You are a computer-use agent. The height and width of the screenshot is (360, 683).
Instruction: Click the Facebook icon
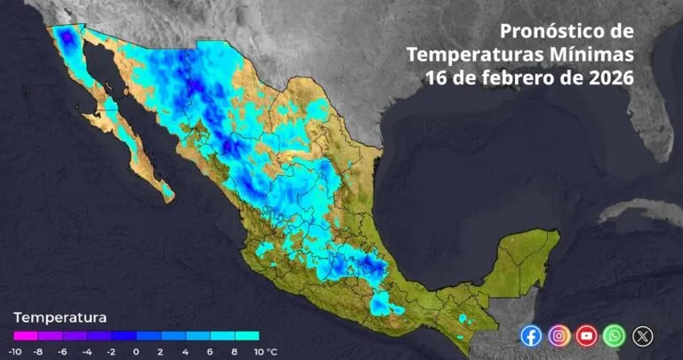point(531,336)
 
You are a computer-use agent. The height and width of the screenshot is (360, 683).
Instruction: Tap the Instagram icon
point(558,336)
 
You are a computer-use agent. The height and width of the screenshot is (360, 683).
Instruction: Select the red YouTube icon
point(586,336)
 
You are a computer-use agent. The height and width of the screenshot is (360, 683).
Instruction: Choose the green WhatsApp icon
point(614,336)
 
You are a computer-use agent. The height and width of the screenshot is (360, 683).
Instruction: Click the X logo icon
point(642,336)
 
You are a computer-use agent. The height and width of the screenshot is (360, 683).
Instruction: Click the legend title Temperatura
point(60,317)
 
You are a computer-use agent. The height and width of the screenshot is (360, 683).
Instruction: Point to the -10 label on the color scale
point(15,352)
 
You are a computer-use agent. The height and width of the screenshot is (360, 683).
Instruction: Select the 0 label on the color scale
point(136,352)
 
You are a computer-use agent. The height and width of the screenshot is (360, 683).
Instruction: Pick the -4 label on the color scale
point(86,352)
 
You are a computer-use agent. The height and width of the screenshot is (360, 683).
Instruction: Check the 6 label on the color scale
point(209,352)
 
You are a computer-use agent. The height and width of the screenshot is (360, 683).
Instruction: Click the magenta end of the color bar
point(20,336)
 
